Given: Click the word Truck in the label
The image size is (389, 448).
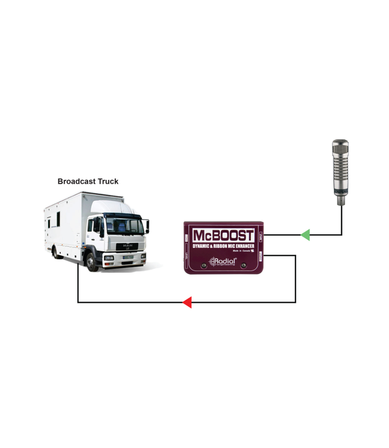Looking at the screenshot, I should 107,181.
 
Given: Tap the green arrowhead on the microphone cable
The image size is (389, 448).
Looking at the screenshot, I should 305,235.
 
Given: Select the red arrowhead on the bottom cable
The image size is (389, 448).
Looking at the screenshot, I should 187,302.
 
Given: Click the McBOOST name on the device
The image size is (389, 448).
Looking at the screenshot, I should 223,235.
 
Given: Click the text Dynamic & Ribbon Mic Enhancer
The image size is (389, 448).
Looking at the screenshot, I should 223,246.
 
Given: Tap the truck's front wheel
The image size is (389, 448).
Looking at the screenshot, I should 92,260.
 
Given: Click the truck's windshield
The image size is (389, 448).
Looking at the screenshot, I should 124,225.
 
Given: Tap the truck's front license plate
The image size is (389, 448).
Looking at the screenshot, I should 127,257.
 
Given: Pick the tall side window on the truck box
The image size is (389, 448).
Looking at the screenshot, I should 58,219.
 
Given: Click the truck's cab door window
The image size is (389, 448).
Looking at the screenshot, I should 96,226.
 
